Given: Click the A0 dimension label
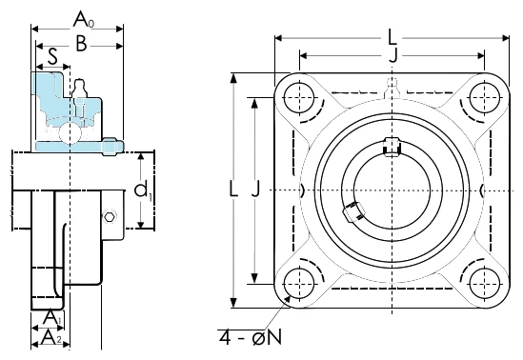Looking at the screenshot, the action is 84,19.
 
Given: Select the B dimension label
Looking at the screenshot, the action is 81,44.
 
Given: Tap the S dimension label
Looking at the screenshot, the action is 52,56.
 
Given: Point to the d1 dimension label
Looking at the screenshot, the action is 143,191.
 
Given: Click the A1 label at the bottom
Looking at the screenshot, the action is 52,317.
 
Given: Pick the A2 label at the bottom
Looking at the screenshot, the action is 51,338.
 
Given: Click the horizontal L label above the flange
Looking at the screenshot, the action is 392,37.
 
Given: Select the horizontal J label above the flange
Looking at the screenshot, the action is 393,54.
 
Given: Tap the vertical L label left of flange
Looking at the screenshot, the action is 233,189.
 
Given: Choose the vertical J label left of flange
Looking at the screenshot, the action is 255,189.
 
